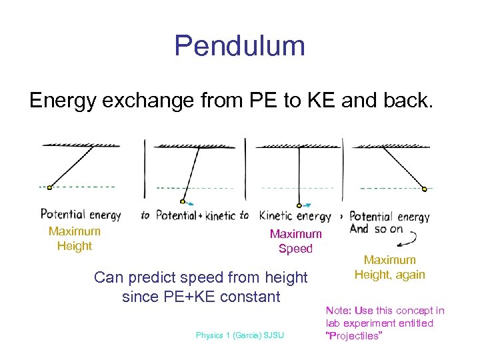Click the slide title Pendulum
(239, 46)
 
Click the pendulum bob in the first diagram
(49, 187)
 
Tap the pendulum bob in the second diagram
(182, 201)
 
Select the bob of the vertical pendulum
(299, 205)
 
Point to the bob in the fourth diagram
(425, 189)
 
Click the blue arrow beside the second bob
(191, 203)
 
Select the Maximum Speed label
(295, 241)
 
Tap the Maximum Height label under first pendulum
(74, 239)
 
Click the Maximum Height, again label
(389, 267)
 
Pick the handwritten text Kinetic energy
(295, 215)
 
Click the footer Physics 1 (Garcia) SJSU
(239, 335)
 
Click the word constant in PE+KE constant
(247, 297)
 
